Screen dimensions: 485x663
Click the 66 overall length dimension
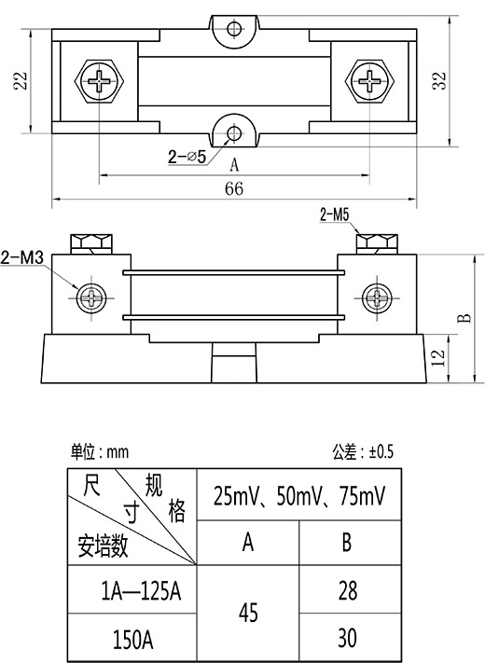point(234,188)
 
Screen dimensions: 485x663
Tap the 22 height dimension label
point(20,81)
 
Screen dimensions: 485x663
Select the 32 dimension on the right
point(439,81)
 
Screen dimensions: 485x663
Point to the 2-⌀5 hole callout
point(187,157)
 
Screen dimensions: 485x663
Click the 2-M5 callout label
point(335,215)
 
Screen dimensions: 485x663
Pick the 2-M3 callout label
point(22,257)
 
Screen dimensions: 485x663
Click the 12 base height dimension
point(438,358)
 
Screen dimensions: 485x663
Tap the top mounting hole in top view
point(234,29)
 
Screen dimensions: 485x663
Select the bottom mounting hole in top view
point(234,133)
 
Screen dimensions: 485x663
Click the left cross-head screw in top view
point(100,81)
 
